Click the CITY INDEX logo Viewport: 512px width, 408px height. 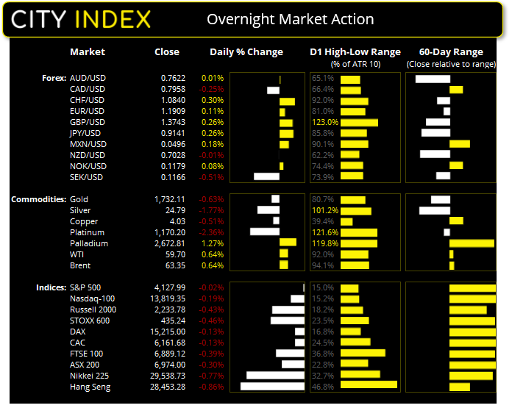[81, 19]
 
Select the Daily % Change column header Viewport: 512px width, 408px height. [246, 52]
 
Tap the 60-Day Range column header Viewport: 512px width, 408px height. [451, 52]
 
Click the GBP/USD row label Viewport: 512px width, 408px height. [87, 122]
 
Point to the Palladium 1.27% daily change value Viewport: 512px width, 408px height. [213, 243]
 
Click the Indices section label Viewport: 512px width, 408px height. [50, 287]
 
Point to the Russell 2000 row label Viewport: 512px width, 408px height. [93, 309]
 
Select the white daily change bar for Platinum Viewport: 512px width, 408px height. [265, 232]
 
